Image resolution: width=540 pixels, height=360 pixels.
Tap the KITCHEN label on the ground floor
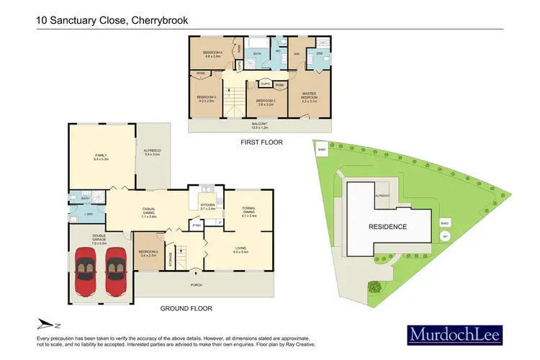click(207, 206)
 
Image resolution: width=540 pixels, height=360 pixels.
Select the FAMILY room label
click(101, 156)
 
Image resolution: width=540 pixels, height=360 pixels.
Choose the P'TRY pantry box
click(196, 226)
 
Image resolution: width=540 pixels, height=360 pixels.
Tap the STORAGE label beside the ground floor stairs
click(171, 257)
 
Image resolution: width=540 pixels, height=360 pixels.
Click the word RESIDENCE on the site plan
click(389, 227)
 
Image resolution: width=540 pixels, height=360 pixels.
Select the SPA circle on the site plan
click(445, 236)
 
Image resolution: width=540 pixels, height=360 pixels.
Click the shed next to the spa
click(445, 223)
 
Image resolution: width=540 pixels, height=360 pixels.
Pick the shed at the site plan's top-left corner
click(321, 150)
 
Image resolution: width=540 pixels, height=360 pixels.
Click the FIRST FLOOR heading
click(261, 143)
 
